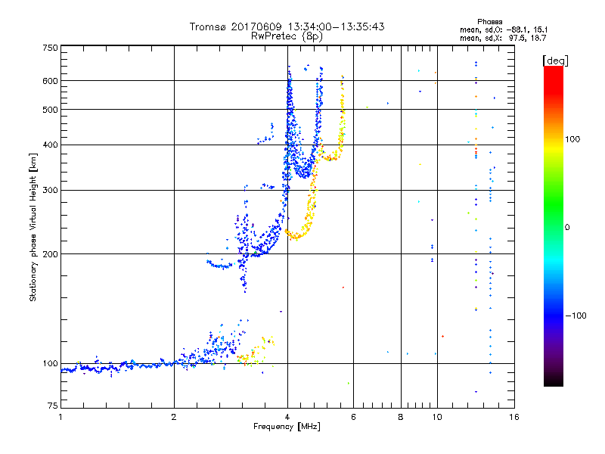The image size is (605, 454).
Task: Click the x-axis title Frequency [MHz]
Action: [x=287, y=428]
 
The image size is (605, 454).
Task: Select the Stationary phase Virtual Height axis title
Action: [x=33, y=226]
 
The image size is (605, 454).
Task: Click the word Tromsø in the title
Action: [x=208, y=26]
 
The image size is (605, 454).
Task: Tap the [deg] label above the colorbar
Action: [x=554, y=60]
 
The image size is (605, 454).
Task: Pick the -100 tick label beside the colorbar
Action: [x=579, y=315]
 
